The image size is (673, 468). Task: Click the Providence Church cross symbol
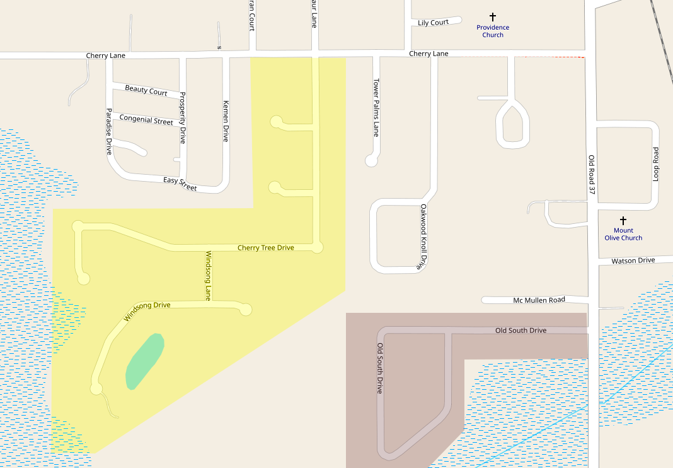pyautogui.click(x=493, y=17)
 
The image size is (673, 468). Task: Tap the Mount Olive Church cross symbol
pyautogui.click(x=623, y=221)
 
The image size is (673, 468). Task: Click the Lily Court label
pyautogui.click(x=433, y=23)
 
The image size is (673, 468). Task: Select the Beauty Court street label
pyautogui.click(x=146, y=90)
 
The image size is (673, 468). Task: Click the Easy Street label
pyautogui.click(x=180, y=184)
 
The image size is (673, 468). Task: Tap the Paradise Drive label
pyautogui.click(x=108, y=131)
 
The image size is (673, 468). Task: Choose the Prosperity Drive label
pyautogui.click(x=183, y=118)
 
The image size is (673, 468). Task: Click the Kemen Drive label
pyautogui.click(x=225, y=120)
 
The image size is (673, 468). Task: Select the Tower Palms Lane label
pyautogui.click(x=376, y=107)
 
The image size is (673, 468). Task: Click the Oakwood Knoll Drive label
pyautogui.click(x=424, y=236)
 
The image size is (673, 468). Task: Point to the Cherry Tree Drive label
pyautogui.click(x=265, y=248)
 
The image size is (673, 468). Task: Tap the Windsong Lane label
pyautogui.click(x=209, y=276)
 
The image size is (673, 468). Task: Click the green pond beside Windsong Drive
pyautogui.click(x=144, y=361)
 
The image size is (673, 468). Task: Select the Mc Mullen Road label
pyautogui.click(x=539, y=300)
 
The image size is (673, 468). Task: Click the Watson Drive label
pyautogui.click(x=633, y=260)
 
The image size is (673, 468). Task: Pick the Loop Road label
pyautogui.click(x=655, y=165)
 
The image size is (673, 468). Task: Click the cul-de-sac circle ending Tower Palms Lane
pyautogui.click(x=371, y=161)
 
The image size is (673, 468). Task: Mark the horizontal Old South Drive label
pyautogui.click(x=521, y=331)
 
